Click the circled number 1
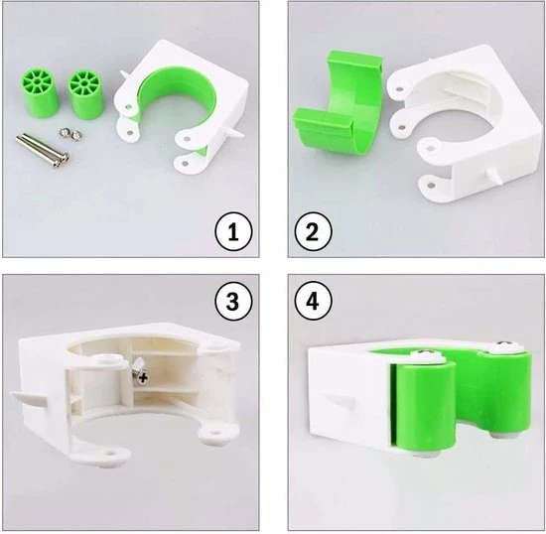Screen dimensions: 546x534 pos(233,232)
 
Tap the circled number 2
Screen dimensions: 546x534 pos(313,232)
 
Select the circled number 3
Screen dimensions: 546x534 pos(233,301)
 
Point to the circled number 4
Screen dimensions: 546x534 pos(313,301)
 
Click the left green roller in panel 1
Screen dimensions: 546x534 pos(40,92)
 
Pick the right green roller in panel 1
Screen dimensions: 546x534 pos(85,95)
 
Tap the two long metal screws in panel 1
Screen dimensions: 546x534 pos(43,149)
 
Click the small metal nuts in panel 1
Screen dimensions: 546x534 pos(70,134)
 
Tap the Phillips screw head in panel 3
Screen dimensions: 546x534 pos(142,377)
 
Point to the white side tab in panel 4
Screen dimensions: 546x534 pos(338,399)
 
